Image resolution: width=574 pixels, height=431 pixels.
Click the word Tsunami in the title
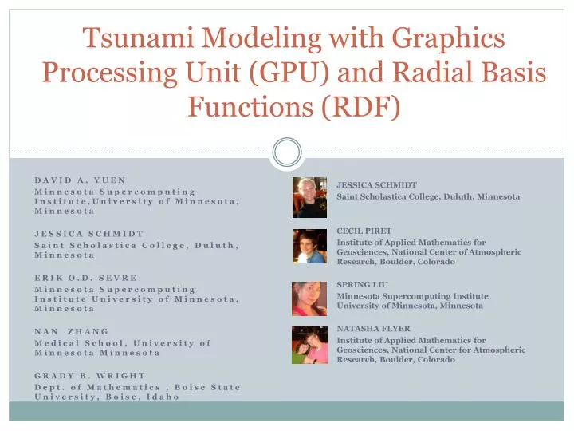click(x=132, y=38)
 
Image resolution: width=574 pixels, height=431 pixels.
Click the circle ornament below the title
click(x=287, y=152)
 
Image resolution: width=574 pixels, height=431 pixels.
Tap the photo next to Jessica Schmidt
click(x=309, y=197)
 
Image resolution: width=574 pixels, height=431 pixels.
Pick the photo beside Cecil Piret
click(x=309, y=246)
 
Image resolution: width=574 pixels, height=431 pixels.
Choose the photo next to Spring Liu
click(x=309, y=298)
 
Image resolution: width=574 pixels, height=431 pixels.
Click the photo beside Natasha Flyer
click(x=309, y=344)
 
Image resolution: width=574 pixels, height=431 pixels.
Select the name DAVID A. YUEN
click(x=81, y=180)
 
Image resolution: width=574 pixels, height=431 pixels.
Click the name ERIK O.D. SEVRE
click(x=86, y=278)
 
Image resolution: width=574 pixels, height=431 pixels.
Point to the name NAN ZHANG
click(x=72, y=331)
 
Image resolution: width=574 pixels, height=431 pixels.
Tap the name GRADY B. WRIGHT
click(x=90, y=375)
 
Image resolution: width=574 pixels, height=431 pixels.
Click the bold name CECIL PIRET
click(x=364, y=231)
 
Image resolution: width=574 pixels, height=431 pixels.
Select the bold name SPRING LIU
click(x=362, y=284)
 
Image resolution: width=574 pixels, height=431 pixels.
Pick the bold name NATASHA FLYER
click(x=373, y=328)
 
